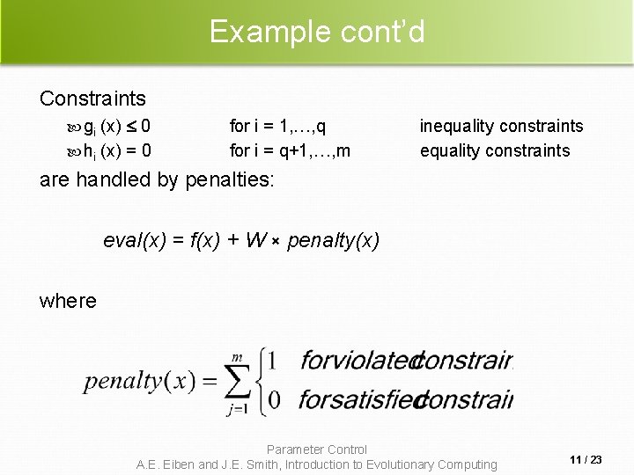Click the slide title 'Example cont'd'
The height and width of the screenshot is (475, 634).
[x=317, y=32]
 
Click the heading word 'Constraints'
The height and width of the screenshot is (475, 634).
[x=93, y=98]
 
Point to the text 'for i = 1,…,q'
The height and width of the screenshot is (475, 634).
[x=283, y=127]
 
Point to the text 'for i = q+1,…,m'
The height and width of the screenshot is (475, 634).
[x=290, y=150]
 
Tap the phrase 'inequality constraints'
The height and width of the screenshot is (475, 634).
[x=501, y=127]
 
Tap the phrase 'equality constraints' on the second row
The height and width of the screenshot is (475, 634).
[x=495, y=150]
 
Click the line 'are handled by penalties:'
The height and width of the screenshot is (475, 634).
[x=158, y=180]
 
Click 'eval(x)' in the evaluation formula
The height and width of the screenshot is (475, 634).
[x=135, y=239]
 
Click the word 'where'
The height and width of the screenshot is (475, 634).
[x=68, y=301]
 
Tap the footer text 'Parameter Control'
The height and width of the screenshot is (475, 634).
[x=317, y=449]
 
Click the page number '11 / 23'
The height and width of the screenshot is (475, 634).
[x=586, y=460]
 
